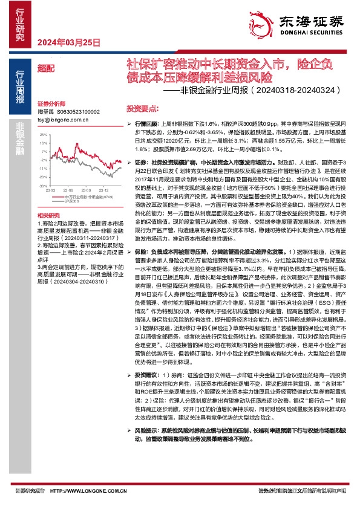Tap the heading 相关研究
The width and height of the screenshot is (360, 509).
pyautogui.click(x=48, y=215)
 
